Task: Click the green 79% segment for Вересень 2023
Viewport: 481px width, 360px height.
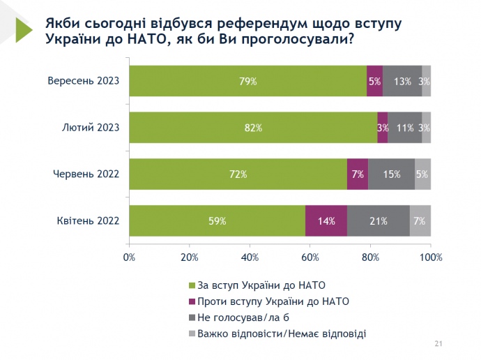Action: coord(247,81)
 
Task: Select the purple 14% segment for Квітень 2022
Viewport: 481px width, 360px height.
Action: coord(326,220)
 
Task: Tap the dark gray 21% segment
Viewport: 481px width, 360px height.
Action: coord(379,220)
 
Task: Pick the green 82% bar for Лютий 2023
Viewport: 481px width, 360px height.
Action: coord(253,128)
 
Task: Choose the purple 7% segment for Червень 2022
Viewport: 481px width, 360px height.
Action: coord(358,174)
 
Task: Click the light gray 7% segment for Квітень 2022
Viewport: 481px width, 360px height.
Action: coord(420,220)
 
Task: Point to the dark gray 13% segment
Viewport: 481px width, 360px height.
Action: coord(402,81)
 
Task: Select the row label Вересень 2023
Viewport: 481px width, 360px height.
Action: coord(83,81)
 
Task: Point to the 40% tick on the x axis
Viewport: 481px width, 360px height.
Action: coord(250,257)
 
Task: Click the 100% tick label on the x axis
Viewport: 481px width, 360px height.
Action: coord(431,257)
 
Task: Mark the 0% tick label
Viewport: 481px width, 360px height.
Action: coord(129,257)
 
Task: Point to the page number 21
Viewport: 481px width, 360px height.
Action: coord(439,343)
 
